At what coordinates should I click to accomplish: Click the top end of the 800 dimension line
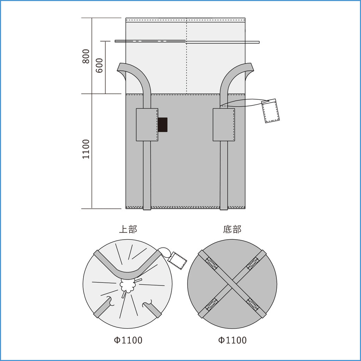[92, 18]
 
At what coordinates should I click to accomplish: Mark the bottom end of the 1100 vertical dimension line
[92, 209]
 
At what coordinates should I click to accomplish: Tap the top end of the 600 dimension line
[105, 41]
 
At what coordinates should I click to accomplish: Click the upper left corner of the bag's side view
[126, 18]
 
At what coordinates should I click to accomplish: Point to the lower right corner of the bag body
[245, 209]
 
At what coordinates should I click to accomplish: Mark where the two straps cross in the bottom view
[232, 284]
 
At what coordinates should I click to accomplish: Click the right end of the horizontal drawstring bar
[259, 42]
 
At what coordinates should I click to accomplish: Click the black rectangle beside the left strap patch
[163, 124]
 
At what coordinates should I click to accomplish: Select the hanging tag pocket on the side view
[270, 111]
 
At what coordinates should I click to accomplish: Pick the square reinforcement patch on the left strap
[147, 124]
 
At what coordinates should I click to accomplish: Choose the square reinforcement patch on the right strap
[224, 124]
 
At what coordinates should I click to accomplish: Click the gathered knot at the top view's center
[127, 286]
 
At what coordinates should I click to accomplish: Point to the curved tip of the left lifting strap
[121, 67]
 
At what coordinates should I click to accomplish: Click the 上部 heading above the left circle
[128, 229]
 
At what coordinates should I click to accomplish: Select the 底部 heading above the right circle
[232, 229]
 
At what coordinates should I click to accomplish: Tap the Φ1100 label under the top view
[128, 340]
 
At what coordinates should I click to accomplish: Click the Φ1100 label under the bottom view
[232, 340]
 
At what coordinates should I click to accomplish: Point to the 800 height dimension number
[86, 56]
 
